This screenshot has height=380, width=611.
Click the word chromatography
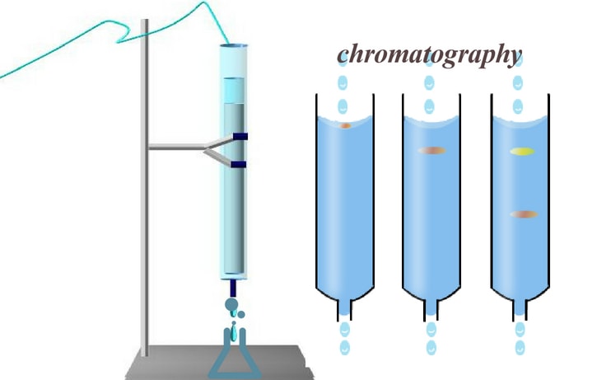429,55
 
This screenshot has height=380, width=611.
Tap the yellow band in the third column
522,152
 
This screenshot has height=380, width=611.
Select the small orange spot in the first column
345,125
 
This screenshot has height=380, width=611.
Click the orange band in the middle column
431,151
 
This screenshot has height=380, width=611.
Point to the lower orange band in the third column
524,214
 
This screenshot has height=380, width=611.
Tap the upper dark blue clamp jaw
240,136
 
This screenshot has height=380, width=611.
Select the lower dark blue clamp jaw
239,164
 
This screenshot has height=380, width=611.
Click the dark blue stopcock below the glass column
233,289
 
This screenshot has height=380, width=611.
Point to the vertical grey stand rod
145,187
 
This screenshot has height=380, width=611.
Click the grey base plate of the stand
219,363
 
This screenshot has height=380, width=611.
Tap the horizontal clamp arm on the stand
176,147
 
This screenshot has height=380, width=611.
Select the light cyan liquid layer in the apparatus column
234,90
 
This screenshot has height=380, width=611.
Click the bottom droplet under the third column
520,348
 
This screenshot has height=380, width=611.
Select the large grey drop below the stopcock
231,304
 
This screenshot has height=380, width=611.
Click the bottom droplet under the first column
345,348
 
